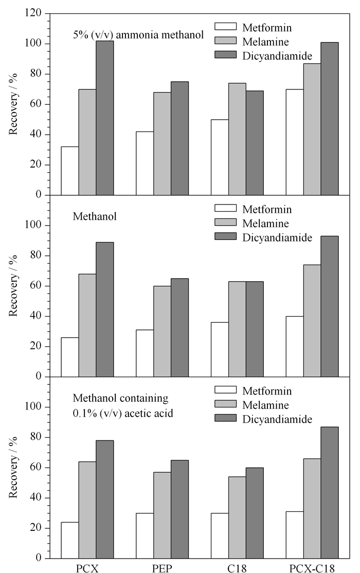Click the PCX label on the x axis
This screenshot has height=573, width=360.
click(x=87, y=568)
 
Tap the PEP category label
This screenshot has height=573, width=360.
click(x=162, y=568)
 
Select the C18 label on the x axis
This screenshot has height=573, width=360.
click(x=237, y=568)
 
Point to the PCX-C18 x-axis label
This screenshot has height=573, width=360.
click(x=312, y=568)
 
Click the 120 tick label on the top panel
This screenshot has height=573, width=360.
click(x=33, y=13)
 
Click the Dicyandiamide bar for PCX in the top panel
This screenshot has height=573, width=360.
click(x=104, y=118)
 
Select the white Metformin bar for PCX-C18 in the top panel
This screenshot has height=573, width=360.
click(x=295, y=142)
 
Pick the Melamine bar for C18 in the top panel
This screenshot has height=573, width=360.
click(x=237, y=139)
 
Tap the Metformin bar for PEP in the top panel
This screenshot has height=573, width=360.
click(x=145, y=163)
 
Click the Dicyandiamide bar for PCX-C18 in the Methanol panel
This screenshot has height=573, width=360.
click(x=330, y=306)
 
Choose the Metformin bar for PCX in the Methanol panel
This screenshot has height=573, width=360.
click(x=69, y=357)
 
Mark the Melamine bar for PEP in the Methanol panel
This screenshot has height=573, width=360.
click(x=162, y=331)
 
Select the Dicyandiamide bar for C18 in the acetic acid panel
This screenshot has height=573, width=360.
click(x=255, y=513)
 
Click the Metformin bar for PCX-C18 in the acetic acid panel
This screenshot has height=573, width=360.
click(x=295, y=534)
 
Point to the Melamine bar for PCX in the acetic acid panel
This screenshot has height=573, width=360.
click(x=87, y=510)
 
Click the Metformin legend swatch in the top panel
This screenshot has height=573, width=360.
click(x=225, y=26)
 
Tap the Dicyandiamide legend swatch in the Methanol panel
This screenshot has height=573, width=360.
click(x=225, y=236)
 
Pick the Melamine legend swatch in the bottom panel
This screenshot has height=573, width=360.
click(x=225, y=404)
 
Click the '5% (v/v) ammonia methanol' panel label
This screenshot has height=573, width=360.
click(x=138, y=35)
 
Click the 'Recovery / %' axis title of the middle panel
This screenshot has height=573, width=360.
click(x=13, y=286)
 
